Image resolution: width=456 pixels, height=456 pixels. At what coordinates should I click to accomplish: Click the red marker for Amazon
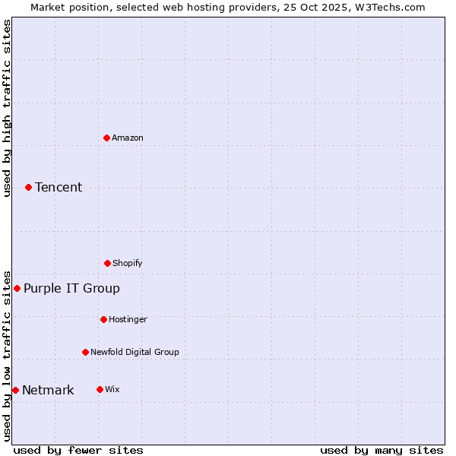pos(106,138)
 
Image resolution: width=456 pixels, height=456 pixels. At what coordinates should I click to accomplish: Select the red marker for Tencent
pos(28,187)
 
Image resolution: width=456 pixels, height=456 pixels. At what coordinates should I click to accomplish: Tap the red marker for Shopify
pos(107,263)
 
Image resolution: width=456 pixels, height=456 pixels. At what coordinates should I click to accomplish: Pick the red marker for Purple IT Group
pos(17,288)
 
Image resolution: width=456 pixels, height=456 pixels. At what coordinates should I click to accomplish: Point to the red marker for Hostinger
pos(103,319)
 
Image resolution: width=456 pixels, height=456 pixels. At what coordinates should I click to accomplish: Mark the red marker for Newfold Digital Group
pos(85,352)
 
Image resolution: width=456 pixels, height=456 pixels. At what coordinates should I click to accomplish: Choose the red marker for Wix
pos(100,389)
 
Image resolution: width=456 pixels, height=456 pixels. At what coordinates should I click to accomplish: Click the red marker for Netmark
pos(15,390)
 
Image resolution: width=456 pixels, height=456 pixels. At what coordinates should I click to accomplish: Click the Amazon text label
pos(128,138)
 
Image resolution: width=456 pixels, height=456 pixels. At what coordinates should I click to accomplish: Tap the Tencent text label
pos(59,187)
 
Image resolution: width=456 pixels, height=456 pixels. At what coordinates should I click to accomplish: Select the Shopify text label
pos(128,263)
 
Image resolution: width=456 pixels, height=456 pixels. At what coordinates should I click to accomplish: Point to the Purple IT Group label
pos(71,288)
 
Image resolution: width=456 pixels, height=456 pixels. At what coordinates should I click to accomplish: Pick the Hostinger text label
pos(128,319)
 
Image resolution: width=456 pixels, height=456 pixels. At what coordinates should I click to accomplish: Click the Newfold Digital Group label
pos(135,352)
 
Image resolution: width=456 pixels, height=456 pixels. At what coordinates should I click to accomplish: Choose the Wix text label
pos(112,389)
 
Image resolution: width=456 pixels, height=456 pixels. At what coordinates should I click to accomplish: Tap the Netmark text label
pos(48,391)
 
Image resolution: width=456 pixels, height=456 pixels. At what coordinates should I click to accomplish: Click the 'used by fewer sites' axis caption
pos(78,450)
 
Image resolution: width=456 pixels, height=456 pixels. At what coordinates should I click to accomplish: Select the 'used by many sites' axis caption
pos(382,450)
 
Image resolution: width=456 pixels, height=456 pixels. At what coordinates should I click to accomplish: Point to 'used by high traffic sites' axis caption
pos(7,108)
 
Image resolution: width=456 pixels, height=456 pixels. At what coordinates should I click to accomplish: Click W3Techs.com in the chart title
pos(388,7)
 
